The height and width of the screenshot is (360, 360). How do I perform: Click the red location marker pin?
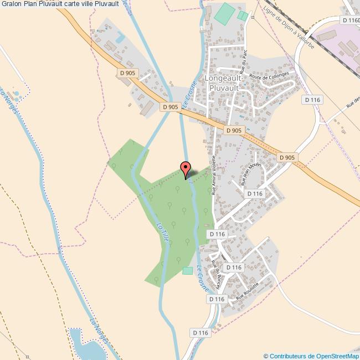[x=186, y=169]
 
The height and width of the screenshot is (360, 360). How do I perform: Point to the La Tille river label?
[x=162, y=232]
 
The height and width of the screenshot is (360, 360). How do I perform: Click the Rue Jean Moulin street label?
[x=251, y=173]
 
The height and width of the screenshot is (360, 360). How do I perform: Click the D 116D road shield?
[x=351, y=20]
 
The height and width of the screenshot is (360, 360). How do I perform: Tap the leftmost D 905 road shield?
[x=127, y=72]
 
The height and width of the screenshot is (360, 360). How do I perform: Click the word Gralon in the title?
[x=12, y=5]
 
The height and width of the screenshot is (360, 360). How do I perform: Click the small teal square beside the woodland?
[x=187, y=270]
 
